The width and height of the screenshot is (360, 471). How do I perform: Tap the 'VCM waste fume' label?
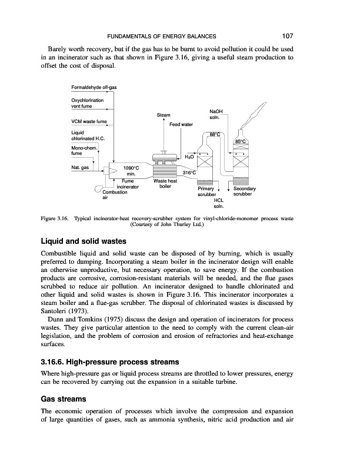pyautogui.click(x=88, y=121)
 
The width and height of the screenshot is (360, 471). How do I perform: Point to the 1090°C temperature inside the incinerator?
pyautogui.click(x=131, y=168)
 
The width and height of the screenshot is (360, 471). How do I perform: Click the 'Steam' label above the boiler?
pyautogui.click(x=164, y=115)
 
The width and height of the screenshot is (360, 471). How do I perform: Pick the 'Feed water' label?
pyautogui.click(x=181, y=125)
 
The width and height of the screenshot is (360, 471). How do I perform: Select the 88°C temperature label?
pyautogui.click(x=215, y=135)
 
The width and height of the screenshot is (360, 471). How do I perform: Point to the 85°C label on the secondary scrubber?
pyautogui.click(x=241, y=142)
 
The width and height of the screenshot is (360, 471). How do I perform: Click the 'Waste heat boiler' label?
pyautogui.click(x=165, y=184)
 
